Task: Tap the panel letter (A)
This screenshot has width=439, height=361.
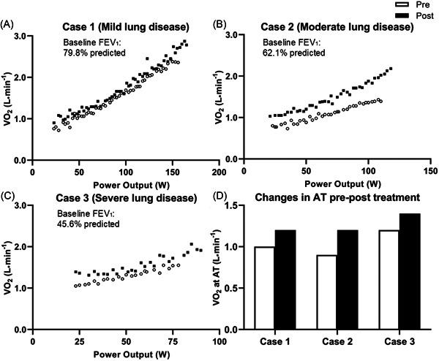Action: click(8, 23)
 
